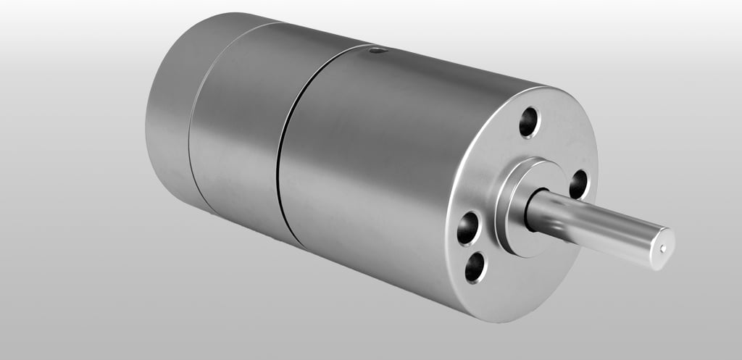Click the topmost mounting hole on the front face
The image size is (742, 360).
pos(530,122)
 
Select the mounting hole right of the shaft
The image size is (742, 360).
pos(579,184)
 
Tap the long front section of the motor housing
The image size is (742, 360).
pos(377,159)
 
